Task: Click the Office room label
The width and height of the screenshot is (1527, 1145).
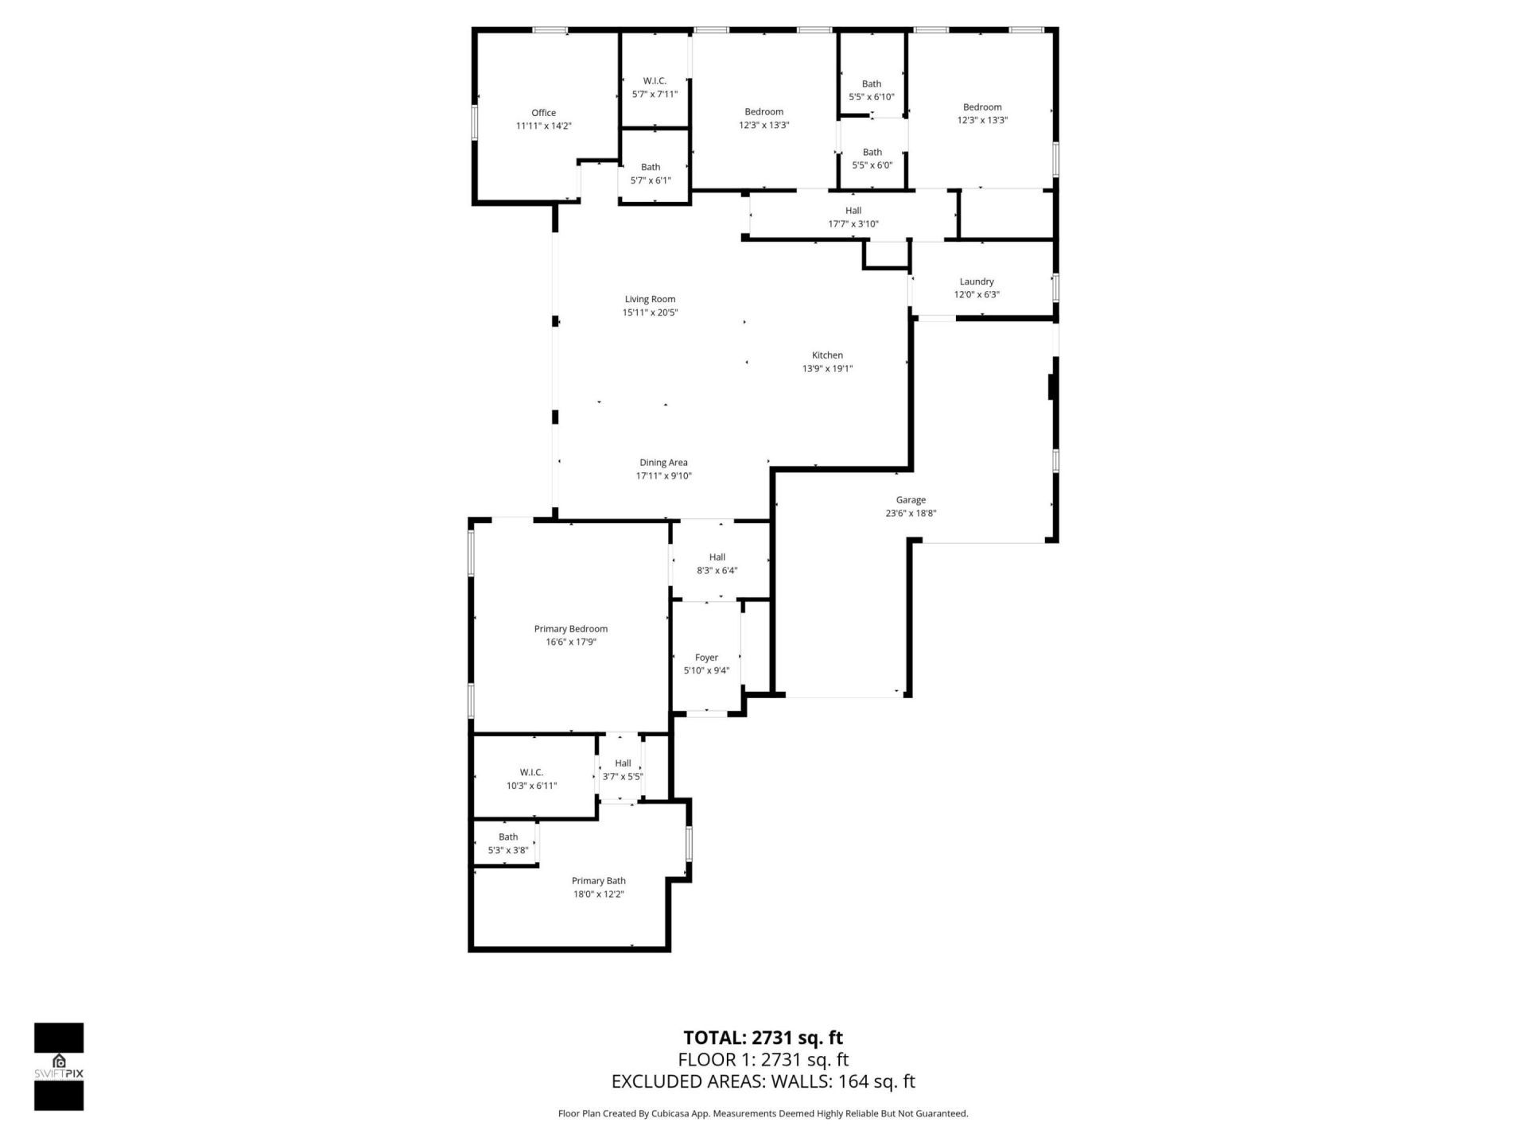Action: (544, 113)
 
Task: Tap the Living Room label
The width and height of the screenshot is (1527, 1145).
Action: (650, 299)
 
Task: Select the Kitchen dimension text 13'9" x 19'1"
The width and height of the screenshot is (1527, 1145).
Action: (827, 368)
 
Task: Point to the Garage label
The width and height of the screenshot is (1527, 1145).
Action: (911, 500)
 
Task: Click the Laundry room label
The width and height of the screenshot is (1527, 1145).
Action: (977, 281)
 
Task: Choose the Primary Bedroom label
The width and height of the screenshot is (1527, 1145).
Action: (571, 629)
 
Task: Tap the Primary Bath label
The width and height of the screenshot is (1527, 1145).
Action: (598, 880)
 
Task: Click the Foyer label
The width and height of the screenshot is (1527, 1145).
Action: (706, 658)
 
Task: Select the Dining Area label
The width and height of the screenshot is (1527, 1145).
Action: (663, 462)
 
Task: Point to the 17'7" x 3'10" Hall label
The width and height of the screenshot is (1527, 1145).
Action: (853, 217)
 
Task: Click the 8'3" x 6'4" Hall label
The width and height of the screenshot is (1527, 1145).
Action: (717, 564)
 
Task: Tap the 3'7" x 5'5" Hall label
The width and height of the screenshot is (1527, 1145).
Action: (623, 770)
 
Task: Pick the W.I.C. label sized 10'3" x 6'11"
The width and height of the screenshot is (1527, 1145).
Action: (531, 778)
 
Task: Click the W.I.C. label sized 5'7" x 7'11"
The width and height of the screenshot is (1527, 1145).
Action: (655, 87)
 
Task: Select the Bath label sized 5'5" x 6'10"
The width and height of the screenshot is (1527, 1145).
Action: (872, 90)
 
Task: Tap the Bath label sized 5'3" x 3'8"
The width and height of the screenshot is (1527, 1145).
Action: (508, 843)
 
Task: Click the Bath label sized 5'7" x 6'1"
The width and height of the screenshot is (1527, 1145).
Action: (651, 173)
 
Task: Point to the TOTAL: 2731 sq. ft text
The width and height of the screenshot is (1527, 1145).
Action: (763, 1038)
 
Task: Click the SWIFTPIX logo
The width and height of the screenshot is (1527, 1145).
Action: (59, 1065)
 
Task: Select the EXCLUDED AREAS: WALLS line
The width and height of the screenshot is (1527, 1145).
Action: (763, 1081)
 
